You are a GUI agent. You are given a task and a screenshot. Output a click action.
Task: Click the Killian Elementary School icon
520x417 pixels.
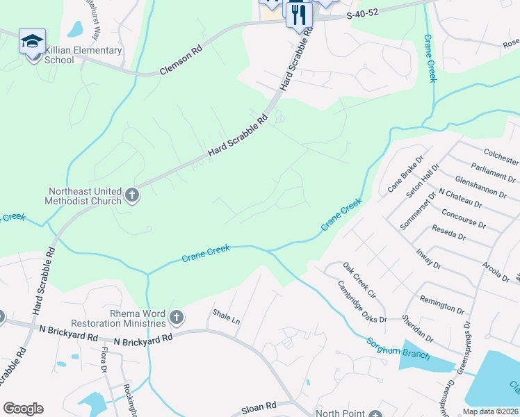32,42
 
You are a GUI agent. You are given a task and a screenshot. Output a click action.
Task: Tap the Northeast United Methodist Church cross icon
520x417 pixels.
133,197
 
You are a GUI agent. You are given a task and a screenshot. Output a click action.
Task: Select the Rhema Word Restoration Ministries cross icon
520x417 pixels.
177,318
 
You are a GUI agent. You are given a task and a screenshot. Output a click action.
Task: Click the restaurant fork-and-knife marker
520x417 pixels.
298,15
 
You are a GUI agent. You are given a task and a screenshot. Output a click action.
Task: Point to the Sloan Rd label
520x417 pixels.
259,404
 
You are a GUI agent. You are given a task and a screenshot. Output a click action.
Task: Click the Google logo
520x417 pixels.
23,409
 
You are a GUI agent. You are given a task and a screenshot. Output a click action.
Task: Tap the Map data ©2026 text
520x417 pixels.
489,411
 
